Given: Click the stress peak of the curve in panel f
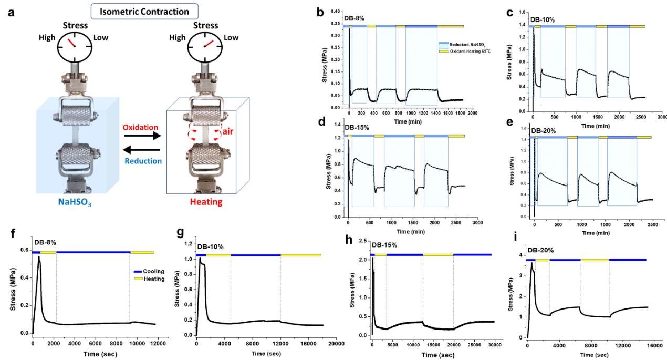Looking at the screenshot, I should (x=39, y=257).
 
